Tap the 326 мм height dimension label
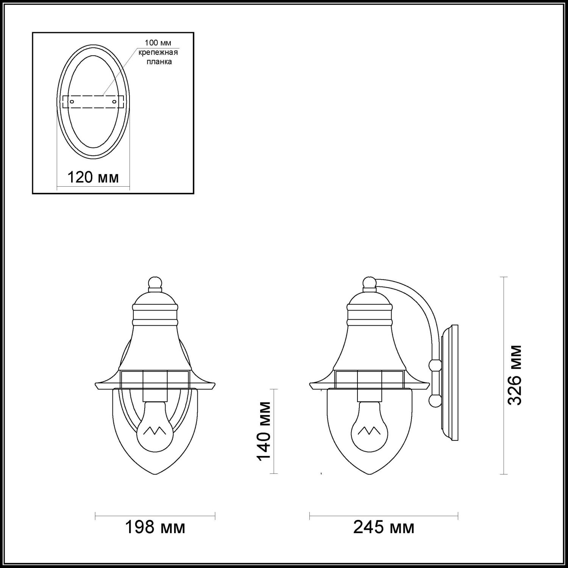pos(515,375)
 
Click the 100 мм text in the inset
pos(158,43)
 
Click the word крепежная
pos(158,52)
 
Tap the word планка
pos(159,61)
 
